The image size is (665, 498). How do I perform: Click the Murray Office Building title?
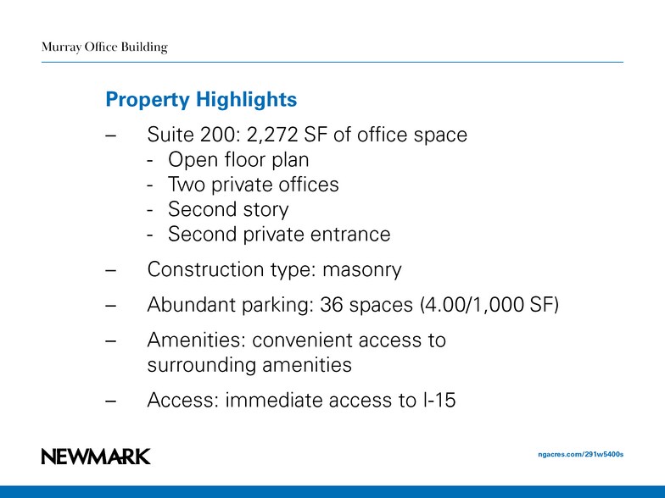104,47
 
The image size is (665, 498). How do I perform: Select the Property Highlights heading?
201,100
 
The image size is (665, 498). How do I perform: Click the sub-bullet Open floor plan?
238,160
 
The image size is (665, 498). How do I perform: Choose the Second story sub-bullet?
228,209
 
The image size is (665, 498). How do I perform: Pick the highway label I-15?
439,400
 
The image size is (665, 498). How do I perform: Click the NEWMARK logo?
96,456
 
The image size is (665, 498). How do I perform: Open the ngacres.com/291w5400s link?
581,455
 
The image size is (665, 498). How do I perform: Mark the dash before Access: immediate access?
109,401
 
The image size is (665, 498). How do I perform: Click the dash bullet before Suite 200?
109,136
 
